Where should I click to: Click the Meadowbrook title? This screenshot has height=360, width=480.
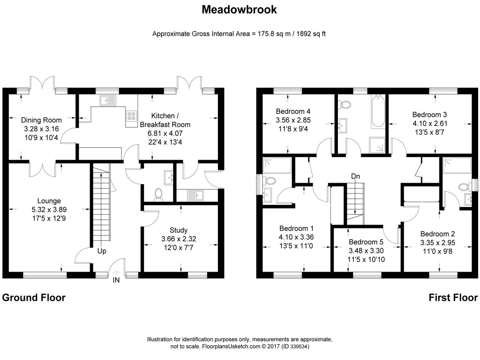point(239,10)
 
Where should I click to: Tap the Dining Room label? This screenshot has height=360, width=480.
point(41,120)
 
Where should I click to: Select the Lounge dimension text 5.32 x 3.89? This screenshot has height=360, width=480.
point(49,209)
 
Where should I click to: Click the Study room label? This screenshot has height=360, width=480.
point(178,230)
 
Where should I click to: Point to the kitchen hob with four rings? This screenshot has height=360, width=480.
point(131,116)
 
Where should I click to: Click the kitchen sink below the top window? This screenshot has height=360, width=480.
point(108,100)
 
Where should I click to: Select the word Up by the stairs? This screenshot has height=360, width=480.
point(102,251)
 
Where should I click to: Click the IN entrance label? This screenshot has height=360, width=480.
point(116,280)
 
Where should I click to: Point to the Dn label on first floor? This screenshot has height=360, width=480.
point(355,176)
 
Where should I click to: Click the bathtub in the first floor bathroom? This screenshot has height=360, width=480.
point(378,111)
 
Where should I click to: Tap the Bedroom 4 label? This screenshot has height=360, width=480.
point(293,111)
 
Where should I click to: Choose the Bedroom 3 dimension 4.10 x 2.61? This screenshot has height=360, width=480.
point(430,123)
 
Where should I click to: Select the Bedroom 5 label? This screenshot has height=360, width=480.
point(366,242)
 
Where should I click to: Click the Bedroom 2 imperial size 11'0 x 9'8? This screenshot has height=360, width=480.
point(438,251)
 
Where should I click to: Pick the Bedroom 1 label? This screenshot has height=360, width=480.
point(296,228)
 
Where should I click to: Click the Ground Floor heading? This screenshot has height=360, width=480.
point(34,298)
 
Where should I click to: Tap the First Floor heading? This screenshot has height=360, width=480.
point(453,298)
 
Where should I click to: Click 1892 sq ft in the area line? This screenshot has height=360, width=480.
point(311,34)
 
